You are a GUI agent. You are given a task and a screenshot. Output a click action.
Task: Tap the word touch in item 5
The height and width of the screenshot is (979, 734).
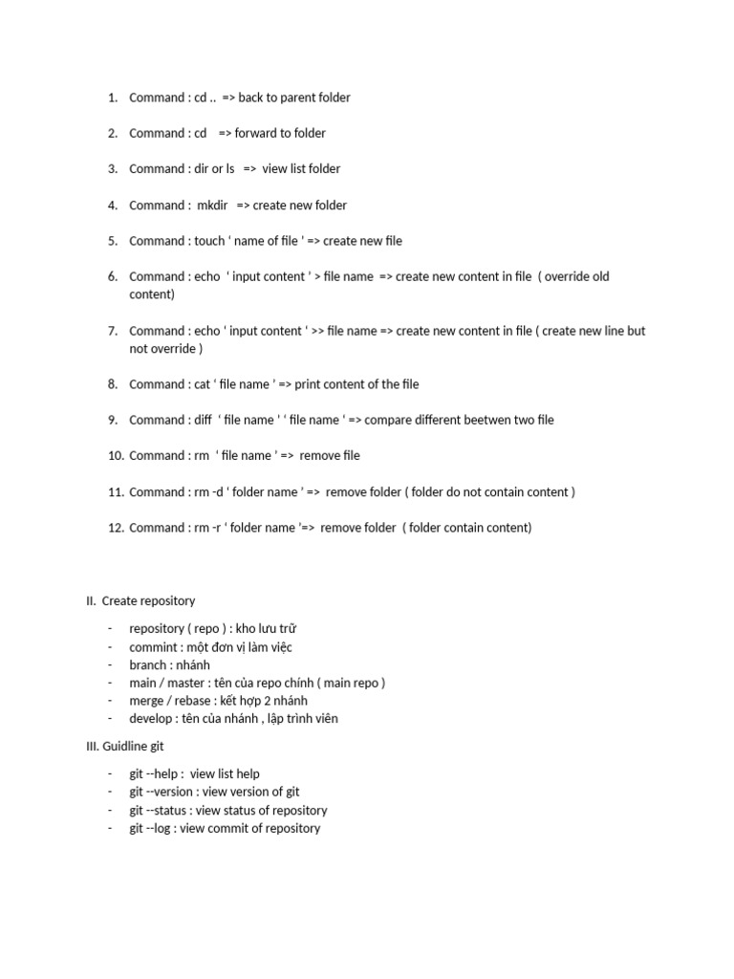coord(209,241)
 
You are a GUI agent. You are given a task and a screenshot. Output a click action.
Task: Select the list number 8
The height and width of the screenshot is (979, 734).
coord(113,384)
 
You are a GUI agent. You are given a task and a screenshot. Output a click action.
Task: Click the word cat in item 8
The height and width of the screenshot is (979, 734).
coord(203,384)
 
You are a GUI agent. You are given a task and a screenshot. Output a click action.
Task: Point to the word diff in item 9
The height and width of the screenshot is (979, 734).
coord(203,420)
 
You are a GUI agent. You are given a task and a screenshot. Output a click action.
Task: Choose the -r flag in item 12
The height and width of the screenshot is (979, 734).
coord(219,528)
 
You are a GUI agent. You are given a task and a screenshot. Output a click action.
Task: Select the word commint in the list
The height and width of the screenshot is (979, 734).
coord(154,647)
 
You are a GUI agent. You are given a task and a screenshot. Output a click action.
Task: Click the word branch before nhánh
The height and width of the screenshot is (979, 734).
coord(148,664)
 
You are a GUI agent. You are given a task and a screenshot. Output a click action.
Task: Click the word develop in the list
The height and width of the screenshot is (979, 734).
coord(152,718)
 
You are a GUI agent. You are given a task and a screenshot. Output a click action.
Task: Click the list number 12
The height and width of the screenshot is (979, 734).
coord(116,528)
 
